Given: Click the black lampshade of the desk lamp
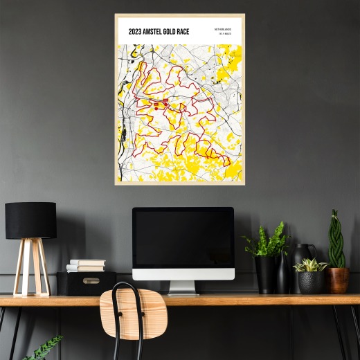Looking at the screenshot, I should [x=30, y=220].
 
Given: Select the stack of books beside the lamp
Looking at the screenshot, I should [x=87, y=265].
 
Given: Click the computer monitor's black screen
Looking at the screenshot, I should [x=183, y=237].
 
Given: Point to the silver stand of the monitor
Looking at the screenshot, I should [x=183, y=287].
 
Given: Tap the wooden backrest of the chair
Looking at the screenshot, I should [x=133, y=305].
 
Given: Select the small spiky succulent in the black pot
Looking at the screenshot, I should [x=310, y=265].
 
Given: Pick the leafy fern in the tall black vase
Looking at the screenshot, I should [x=267, y=241].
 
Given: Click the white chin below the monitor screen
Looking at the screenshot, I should [x=183, y=273].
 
